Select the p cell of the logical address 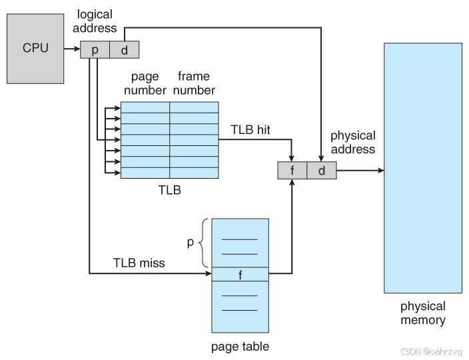[95, 49]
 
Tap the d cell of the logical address [124, 49]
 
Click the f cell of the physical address [292, 171]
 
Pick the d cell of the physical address [321, 171]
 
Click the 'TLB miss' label [138, 263]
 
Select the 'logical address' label [97, 22]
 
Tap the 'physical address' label [352, 142]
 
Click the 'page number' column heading [145, 83]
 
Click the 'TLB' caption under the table [169, 190]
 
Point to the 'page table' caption [240, 346]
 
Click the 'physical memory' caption [422, 313]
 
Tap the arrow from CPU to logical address [71, 49]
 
